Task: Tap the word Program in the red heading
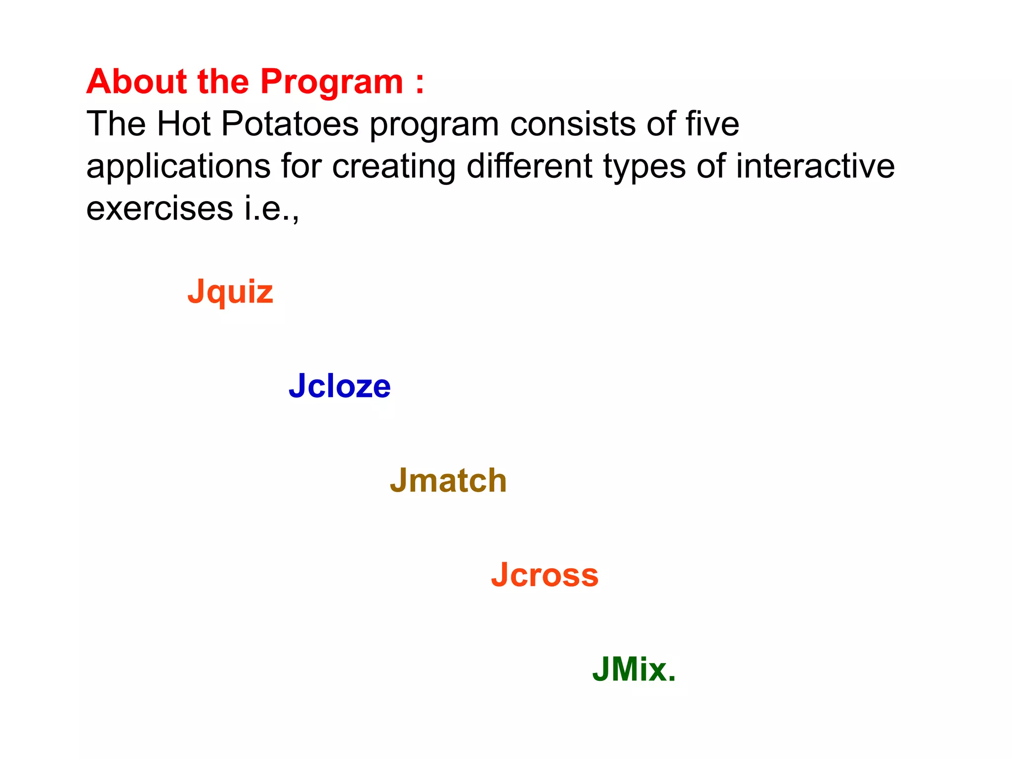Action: (x=332, y=82)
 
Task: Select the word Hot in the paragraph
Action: (x=183, y=124)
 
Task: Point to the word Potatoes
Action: (x=290, y=124)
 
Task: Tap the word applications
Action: (x=178, y=167)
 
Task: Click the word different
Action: (x=529, y=166)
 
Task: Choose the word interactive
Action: (x=815, y=166)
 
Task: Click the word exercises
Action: (x=160, y=208)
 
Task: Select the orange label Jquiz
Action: (x=230, y=292)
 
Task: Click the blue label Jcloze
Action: (x=340, y=386)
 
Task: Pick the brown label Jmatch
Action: (x=448, y=480)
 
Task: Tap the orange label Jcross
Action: (x=545, y=575)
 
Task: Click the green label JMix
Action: (x=634, y=670)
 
